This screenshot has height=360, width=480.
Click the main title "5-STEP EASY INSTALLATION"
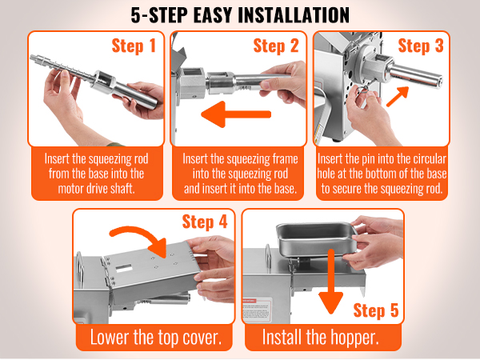pos(240,15)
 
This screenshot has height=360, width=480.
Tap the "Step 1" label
pos(134,46)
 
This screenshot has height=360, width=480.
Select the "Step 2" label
pos(276,46)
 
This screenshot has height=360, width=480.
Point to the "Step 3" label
pos(421,46)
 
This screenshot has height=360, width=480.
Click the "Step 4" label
pos(205,222)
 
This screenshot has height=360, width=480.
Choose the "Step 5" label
pos(376,310)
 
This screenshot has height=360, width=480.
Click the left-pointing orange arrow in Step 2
pos(236,114)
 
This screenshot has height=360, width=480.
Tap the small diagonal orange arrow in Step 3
pos(398,97)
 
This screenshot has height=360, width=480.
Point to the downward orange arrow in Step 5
pos(331,282)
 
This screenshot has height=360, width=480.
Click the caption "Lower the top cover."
pos(156,338)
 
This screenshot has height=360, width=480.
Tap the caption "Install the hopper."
pos(321,338)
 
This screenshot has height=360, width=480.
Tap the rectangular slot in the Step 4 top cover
pos(124,268)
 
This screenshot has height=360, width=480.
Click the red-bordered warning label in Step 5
pos(257,310)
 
